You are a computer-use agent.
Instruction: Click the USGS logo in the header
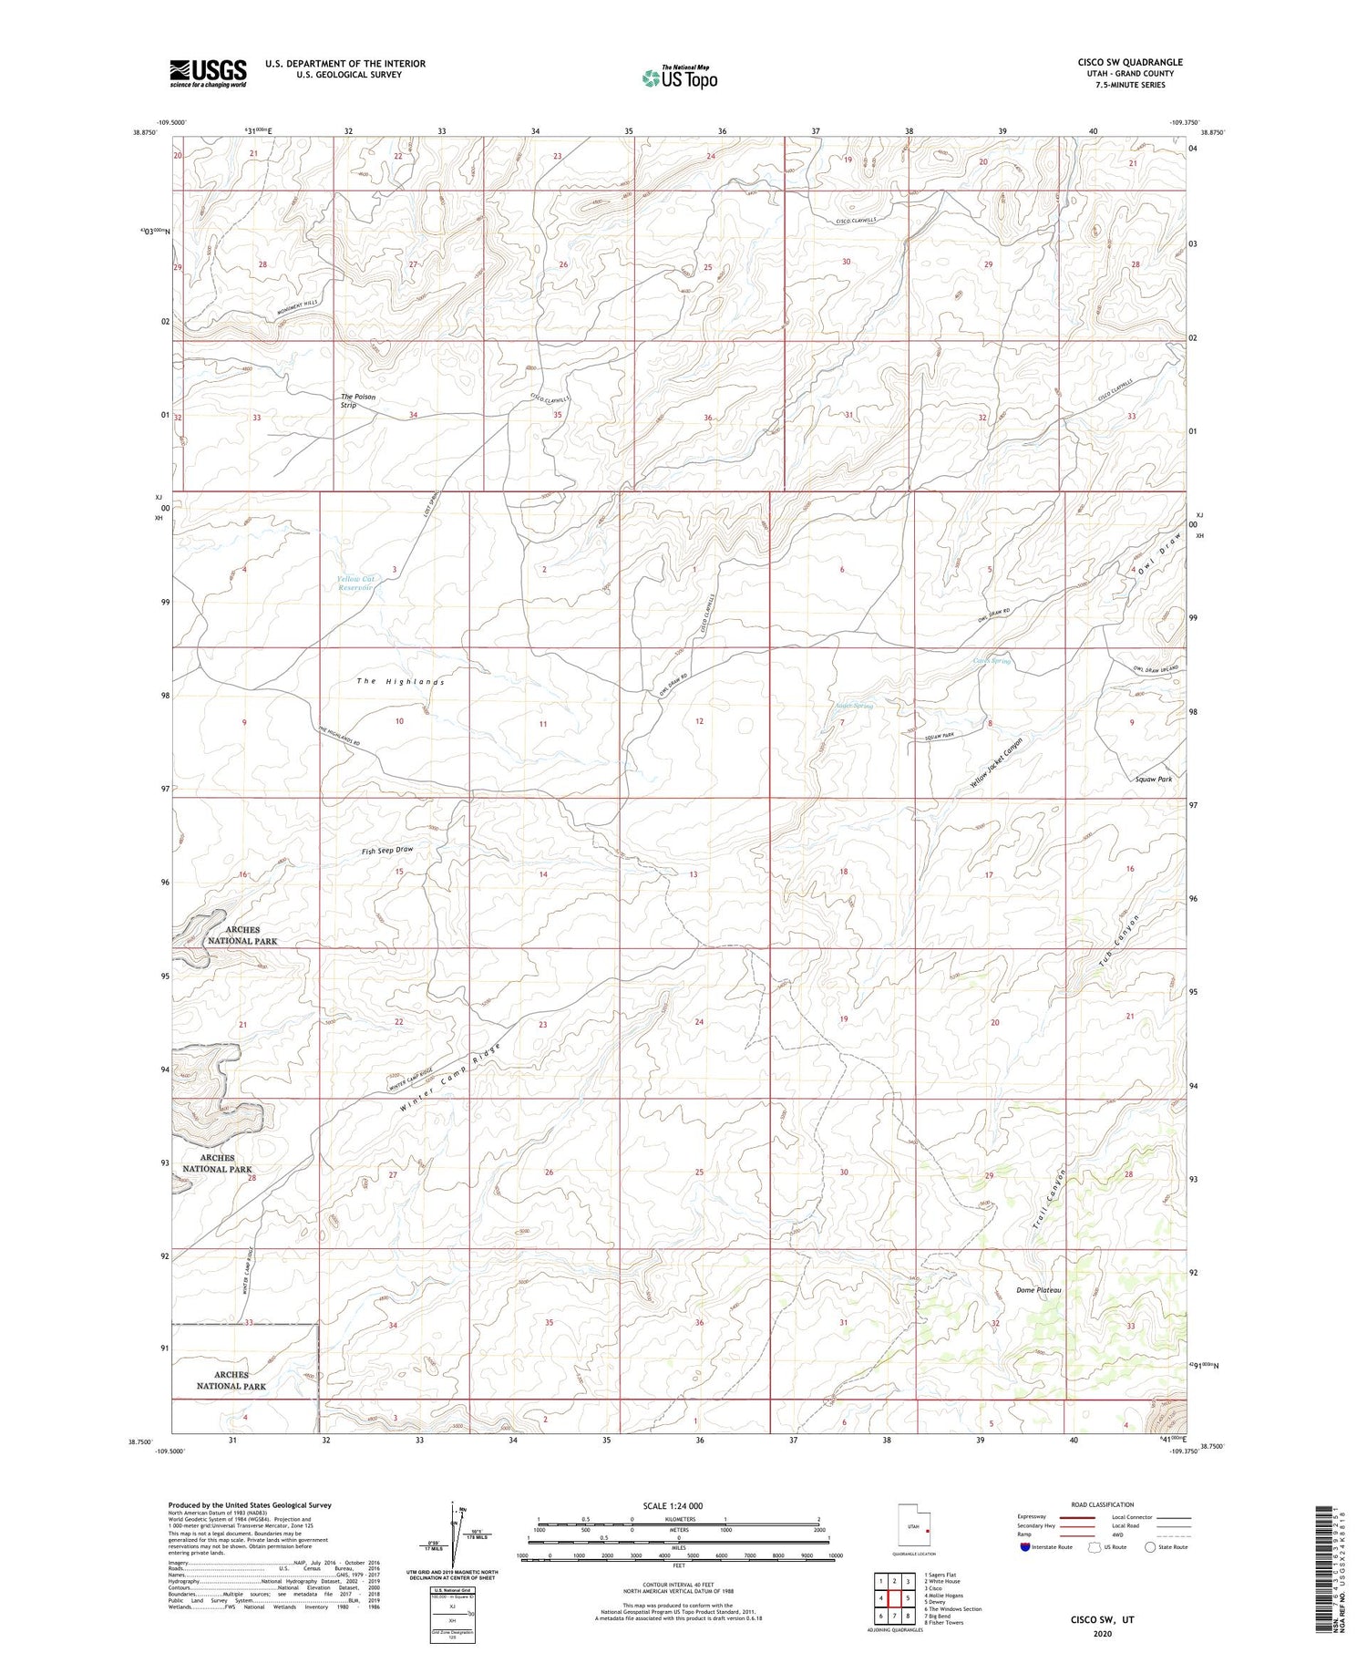click(208, 72)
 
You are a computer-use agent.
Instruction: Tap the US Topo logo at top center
click(679, 78)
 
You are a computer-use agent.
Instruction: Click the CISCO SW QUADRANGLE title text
click(1130, 63)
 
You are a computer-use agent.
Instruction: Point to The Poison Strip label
click(357, 401)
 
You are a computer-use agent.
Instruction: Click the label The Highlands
click(400, 682)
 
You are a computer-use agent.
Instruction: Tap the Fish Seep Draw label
click(387, 850)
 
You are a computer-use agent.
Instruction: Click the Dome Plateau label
click(1039, 1290)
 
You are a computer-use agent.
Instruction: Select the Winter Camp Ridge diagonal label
click(451, 1082)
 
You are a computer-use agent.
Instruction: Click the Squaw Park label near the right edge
click(1154, 780)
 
